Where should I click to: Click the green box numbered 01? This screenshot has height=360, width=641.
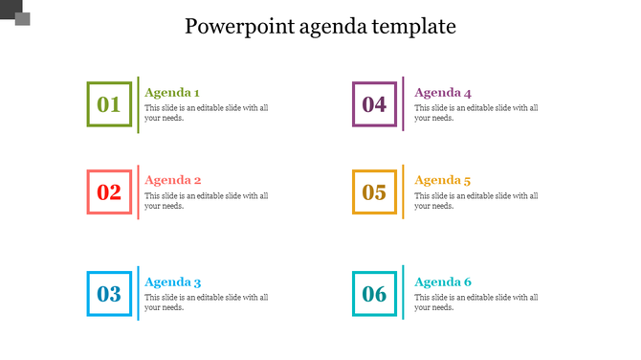[109, 104]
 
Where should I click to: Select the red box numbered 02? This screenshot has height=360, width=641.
[109, 191]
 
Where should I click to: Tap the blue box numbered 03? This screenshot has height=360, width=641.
[109, 294]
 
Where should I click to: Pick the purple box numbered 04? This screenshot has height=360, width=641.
[374, 104]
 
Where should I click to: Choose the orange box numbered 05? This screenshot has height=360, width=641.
[374, 191]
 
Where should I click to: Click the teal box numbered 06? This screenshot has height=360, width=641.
[374, 294]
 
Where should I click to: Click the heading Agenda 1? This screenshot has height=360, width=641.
[172, 93]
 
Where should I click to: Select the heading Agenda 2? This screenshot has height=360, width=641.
[173, 180]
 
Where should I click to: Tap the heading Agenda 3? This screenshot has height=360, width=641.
[173, 282]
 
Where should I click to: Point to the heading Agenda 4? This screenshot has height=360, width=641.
[443, 93]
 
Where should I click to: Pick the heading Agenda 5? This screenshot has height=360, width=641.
[443, 180]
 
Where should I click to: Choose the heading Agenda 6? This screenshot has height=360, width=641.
[443, 282]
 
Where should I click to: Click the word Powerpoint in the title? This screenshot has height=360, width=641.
[231, 26]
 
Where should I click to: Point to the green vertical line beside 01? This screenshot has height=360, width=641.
[138, 104]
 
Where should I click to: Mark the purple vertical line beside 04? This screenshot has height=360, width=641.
[403, 104]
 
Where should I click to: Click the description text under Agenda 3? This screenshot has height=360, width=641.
[206, 303]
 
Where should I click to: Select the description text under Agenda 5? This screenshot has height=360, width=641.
[475, 200]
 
